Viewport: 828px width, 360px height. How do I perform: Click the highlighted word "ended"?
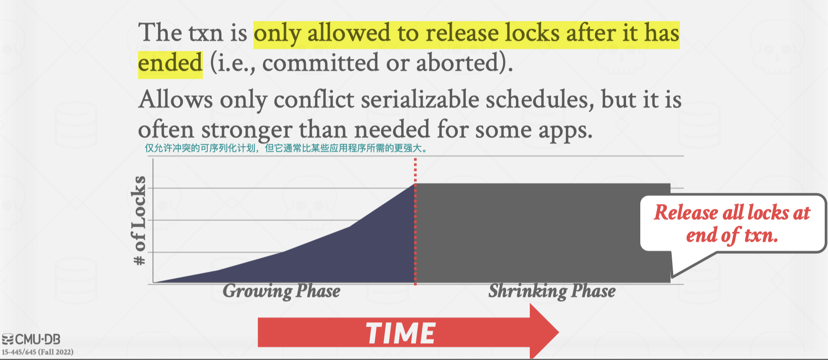pos(170,63)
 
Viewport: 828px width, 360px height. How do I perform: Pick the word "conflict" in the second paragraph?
pos(314,100)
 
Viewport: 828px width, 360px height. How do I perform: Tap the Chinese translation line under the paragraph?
pos(286,148)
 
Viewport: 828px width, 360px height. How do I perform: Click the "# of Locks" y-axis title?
pos(139,220)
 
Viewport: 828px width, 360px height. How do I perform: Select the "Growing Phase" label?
pos(282,291)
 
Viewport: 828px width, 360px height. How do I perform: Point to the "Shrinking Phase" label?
pos(552,291)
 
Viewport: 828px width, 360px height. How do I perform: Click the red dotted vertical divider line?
pos(415,222)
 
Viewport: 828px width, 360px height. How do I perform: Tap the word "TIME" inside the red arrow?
pos(400,333)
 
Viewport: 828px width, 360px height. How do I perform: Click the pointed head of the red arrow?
pos(558,331)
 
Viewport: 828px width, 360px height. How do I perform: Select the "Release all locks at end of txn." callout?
pos(732,223)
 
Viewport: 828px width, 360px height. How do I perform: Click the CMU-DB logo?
pos(31,340)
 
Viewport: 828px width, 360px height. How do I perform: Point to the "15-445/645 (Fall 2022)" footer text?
pos(38,352)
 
